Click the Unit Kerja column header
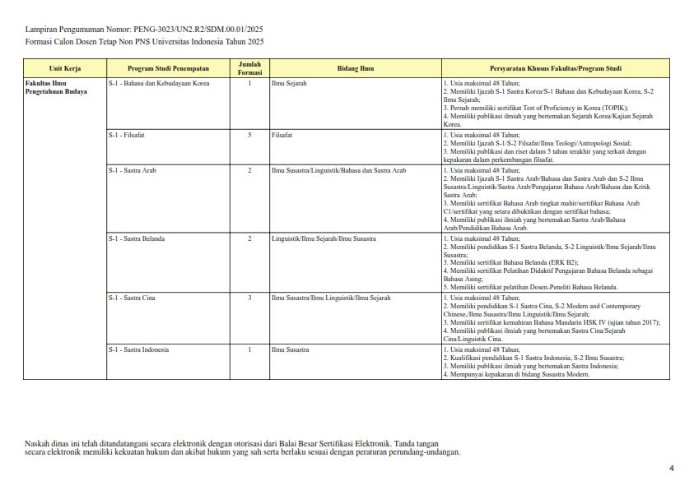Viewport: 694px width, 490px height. click(x=65, y=68)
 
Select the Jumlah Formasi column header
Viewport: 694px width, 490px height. click(x=249, y=68)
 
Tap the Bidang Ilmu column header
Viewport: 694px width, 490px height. click(x=356, y=68)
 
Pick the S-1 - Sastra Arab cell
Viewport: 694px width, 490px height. click(x=132, y=170)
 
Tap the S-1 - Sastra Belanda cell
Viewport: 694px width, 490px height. click(x=137, y=238)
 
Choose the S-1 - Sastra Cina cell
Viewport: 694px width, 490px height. click(x=132, y=298)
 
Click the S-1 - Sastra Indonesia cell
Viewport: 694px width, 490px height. click(x=138, y=349)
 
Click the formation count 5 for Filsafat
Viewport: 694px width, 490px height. click(x=249, y=134)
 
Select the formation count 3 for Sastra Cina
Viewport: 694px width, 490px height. click(x=249, y=298)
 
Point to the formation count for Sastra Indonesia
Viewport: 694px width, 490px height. click(x=249, y=349)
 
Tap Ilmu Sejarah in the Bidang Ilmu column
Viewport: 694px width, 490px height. click(x=288, y=83)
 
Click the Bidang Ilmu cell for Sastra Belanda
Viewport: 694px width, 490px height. click(x=324, y=238)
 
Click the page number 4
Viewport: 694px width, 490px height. click(x=671, y=469)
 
